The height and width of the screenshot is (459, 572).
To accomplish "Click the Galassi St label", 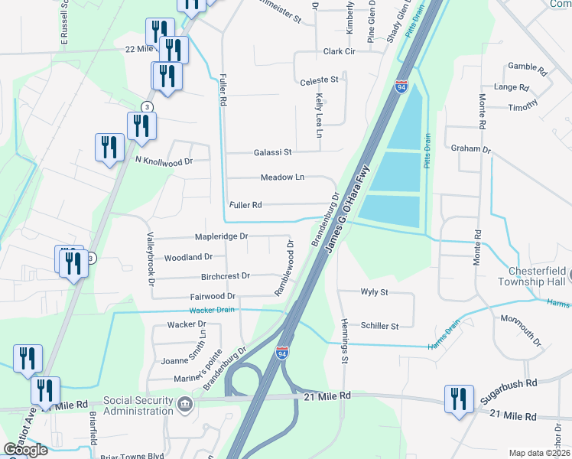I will (273, 152).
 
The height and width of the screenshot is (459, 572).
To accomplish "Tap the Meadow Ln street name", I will (282, 177).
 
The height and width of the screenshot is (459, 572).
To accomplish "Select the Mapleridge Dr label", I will (221, 237).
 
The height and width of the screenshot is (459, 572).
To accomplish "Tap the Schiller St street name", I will (379, 326).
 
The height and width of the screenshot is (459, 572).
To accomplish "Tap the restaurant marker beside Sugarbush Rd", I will (459, 399).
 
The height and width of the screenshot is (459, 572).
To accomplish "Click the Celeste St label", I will (319, 80).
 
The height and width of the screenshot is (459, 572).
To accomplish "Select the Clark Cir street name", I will (340, 52).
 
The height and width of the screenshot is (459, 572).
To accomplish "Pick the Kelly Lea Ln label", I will (319, 116).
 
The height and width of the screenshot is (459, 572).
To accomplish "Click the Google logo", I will (24, 450).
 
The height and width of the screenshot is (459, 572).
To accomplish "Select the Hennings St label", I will (345, 340).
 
